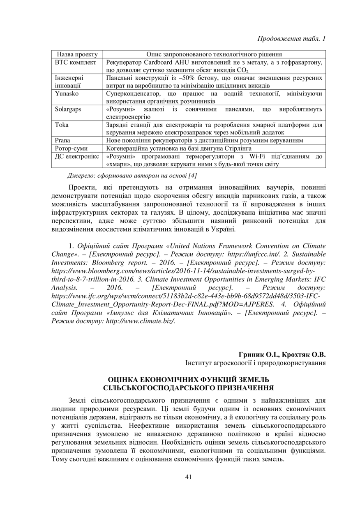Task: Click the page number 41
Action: pyautogui.click(x=189, y=477)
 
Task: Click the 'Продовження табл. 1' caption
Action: pyautogui.click(x=291, y=39)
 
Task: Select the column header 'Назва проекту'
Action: pyautogui.click(x=77, y=54)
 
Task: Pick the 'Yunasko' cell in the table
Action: pyautogui.click(x=66, y=94)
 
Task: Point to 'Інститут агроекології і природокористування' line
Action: pyautogui.click(x=255, y=363)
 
